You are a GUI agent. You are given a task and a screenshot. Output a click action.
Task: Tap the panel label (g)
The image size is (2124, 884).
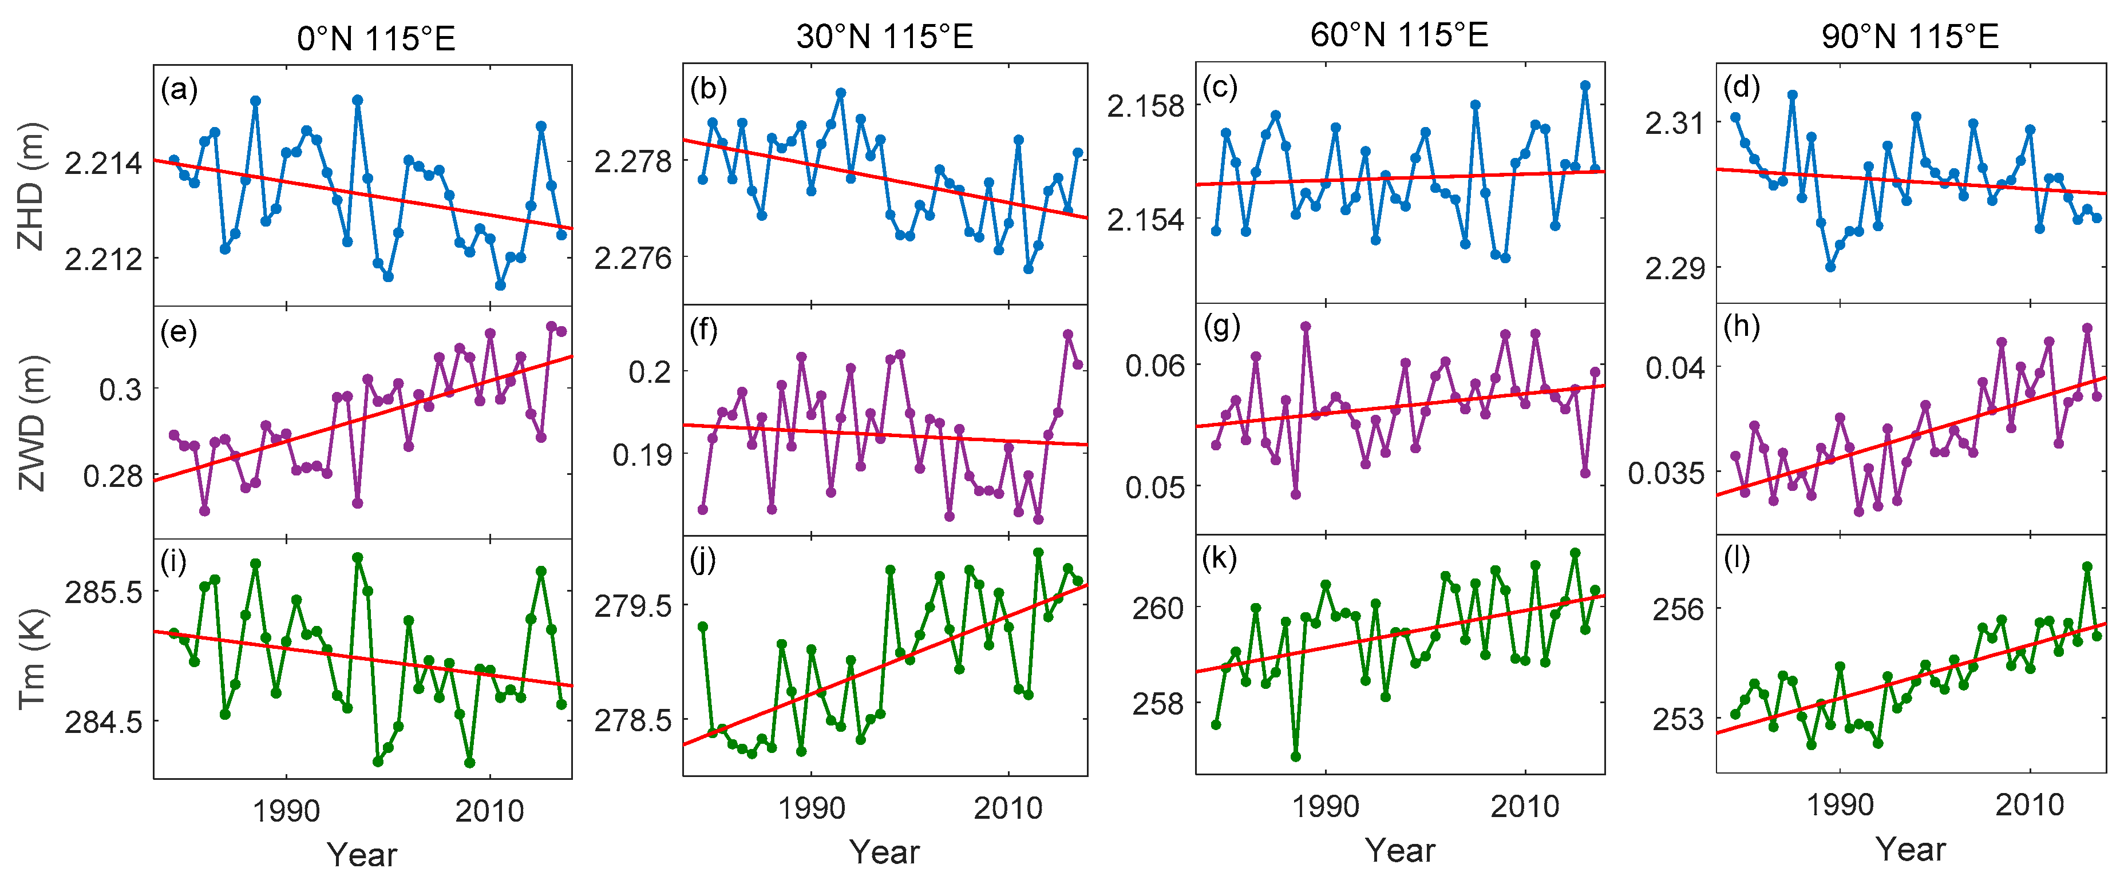click(1221, 327)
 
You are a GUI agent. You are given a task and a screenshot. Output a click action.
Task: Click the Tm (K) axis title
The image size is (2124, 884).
click(31, 659)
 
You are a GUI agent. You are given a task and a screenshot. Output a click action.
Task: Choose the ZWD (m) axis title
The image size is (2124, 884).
click(31, 422)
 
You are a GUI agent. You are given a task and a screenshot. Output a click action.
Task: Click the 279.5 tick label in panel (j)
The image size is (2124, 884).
click(632, 606)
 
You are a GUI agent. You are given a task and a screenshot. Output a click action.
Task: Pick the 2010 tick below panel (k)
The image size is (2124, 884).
click(1525, 806)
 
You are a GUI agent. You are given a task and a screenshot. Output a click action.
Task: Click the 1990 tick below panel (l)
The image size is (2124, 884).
click(1840, 804)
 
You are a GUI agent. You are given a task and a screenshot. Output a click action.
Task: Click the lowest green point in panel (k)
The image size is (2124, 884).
click(1295, 756)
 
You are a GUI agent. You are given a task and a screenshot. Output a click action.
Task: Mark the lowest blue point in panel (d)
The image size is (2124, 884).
click(1830, 267)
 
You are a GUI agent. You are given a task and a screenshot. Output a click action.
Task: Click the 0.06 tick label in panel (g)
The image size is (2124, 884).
click(1154, 365)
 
